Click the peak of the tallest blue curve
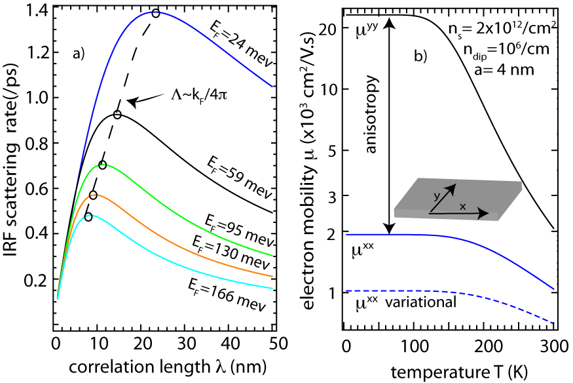[x=155, y=12]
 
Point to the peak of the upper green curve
[x=103, y=164]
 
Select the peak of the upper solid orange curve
[x=96, y=195]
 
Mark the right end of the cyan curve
[x=272, y=288]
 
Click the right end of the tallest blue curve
[x=272, y=87]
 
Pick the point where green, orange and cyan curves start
[x=58, y=299]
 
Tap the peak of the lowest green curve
[x=102, y=336]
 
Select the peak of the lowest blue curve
[x=155, y=354]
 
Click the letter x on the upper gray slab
[x=462, y=207]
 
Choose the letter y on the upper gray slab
[x=437, y=196]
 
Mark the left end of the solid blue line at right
[x=346, y=234]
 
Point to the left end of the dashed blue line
[x=346, y=290]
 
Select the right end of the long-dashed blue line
[x=554, y=323]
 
